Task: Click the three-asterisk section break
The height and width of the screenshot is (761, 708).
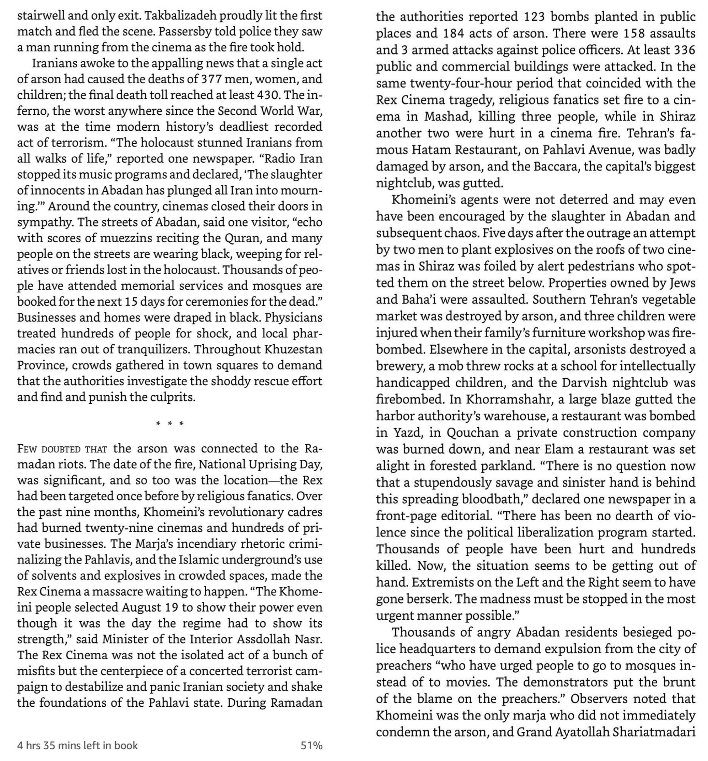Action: [x=170, y=424]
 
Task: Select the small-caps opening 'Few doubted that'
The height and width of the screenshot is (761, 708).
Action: [x=62, y=449]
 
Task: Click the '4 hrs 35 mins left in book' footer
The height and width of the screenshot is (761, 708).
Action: [x=77, y=745]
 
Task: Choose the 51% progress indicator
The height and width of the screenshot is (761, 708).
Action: [x=311, y=745]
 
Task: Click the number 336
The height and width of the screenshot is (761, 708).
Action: [x=684, y=50]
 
